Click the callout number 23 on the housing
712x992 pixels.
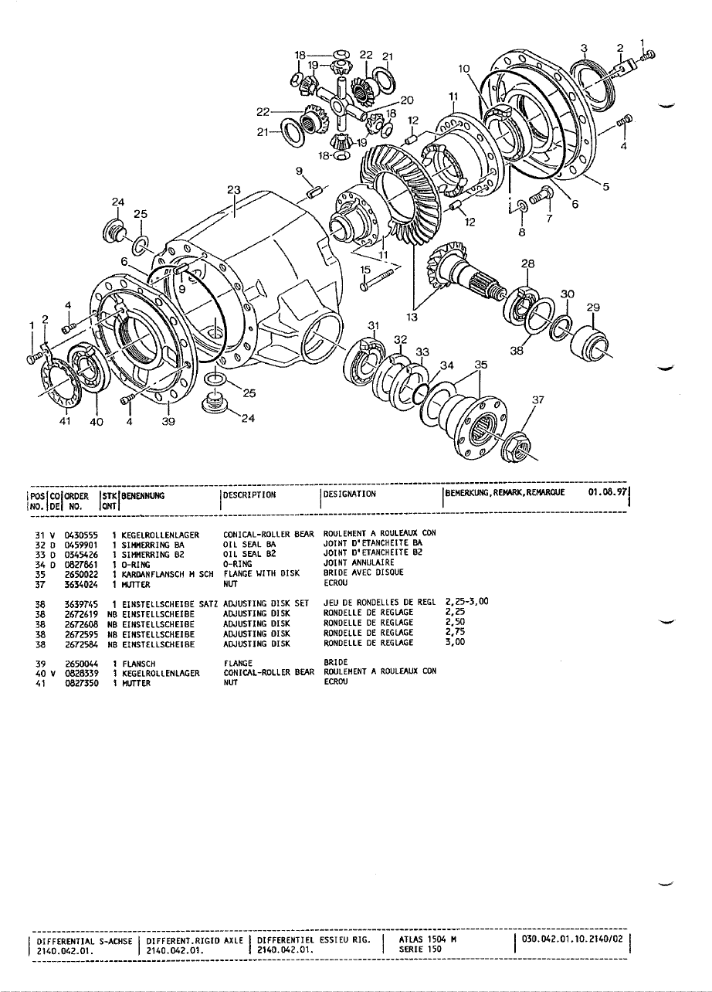click(234, 189)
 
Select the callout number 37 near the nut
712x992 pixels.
click(538, 400)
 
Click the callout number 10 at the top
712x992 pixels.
click(463, 69)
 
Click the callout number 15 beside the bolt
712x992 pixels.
click(366, 270)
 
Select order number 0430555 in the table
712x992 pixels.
click(80, 534)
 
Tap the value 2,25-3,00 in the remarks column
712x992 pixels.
click(468, 601)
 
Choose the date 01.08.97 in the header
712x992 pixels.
click(609, 491)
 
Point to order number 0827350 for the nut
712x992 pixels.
click(80, 682)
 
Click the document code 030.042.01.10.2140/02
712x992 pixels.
click(573, 939)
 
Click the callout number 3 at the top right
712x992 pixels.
click(585, 48)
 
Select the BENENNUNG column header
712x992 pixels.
click(143, 494)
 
